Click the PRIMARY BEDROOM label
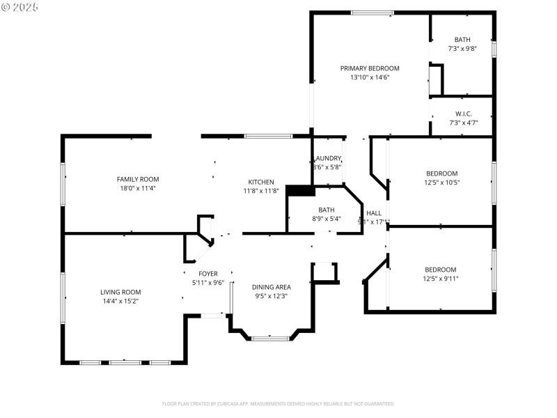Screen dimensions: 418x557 tap(370, 68)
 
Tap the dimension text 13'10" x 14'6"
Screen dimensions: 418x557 tap(370, 77)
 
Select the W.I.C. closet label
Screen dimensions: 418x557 tap(464, 114)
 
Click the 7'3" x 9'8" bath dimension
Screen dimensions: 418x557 tap(462, 49)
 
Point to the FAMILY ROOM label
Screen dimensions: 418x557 tap(137, 179)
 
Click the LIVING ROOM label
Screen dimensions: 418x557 tap(120, 292)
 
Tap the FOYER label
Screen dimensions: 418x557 tap(208, 274)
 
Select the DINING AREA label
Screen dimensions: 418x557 tap(272, 287)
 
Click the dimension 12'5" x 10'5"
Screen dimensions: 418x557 tap(442, 183)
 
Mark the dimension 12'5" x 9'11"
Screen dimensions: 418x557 tap(441, 279)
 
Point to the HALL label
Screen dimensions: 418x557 tap(374, 213)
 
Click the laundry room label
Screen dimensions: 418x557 tap(327, 158)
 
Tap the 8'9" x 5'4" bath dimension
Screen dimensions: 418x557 tap(327, 218)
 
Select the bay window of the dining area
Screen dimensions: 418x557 tap(270, 339)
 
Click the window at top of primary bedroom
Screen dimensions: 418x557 tap(372, 13)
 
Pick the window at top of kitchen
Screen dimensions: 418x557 tap(268, 136)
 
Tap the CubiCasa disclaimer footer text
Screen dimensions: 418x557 tap(278, 403)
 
